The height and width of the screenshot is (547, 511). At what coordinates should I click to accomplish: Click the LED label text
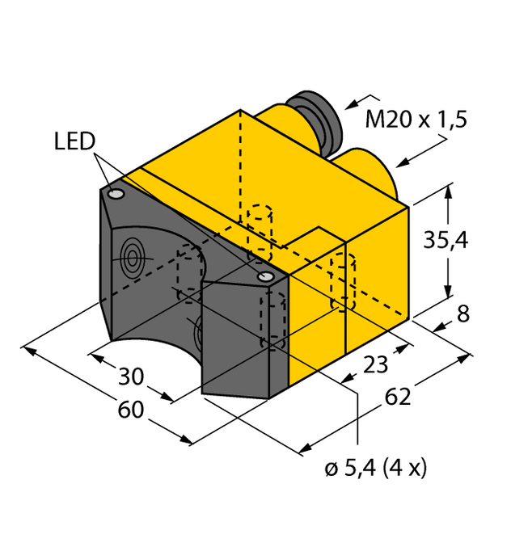(x=74, y=142)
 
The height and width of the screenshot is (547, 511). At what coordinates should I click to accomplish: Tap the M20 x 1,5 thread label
(x=416, y=119)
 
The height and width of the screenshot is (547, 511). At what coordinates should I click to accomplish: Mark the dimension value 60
(x=130, y=410)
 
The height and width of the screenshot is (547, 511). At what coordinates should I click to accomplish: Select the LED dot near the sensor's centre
(x=265, y=278)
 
